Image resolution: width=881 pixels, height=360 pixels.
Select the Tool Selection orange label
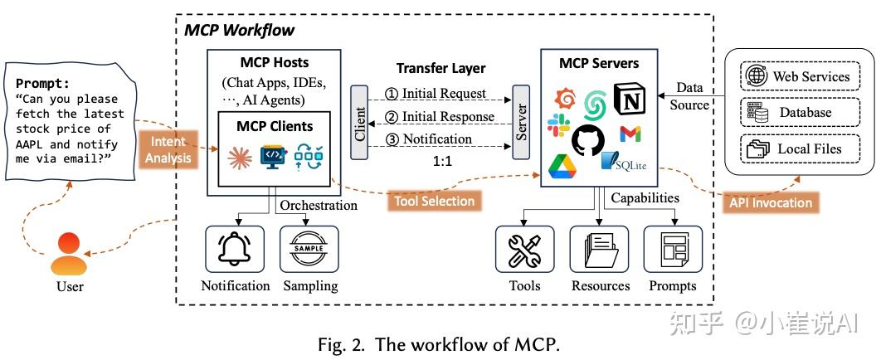tap(435, 201)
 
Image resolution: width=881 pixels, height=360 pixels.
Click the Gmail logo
tap(630, 134)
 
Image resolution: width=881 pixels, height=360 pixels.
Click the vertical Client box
tap(359, 121)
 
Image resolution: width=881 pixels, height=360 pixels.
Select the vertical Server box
tap(522, 121)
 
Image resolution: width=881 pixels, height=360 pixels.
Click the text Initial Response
tap(447, 117)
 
